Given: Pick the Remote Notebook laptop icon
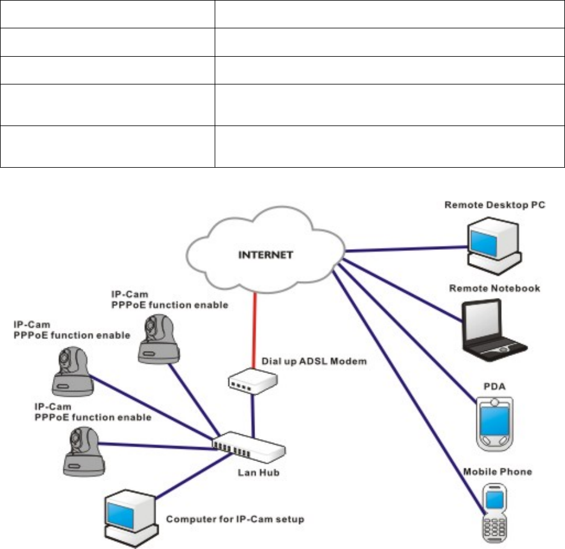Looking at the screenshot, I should tap(493, 328).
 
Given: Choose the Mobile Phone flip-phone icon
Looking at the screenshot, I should tap(493, 513).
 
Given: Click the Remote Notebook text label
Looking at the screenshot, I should tap(494, 289).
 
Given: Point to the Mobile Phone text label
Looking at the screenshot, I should tap(497, 471).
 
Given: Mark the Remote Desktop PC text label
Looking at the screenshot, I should tap(494, 205).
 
